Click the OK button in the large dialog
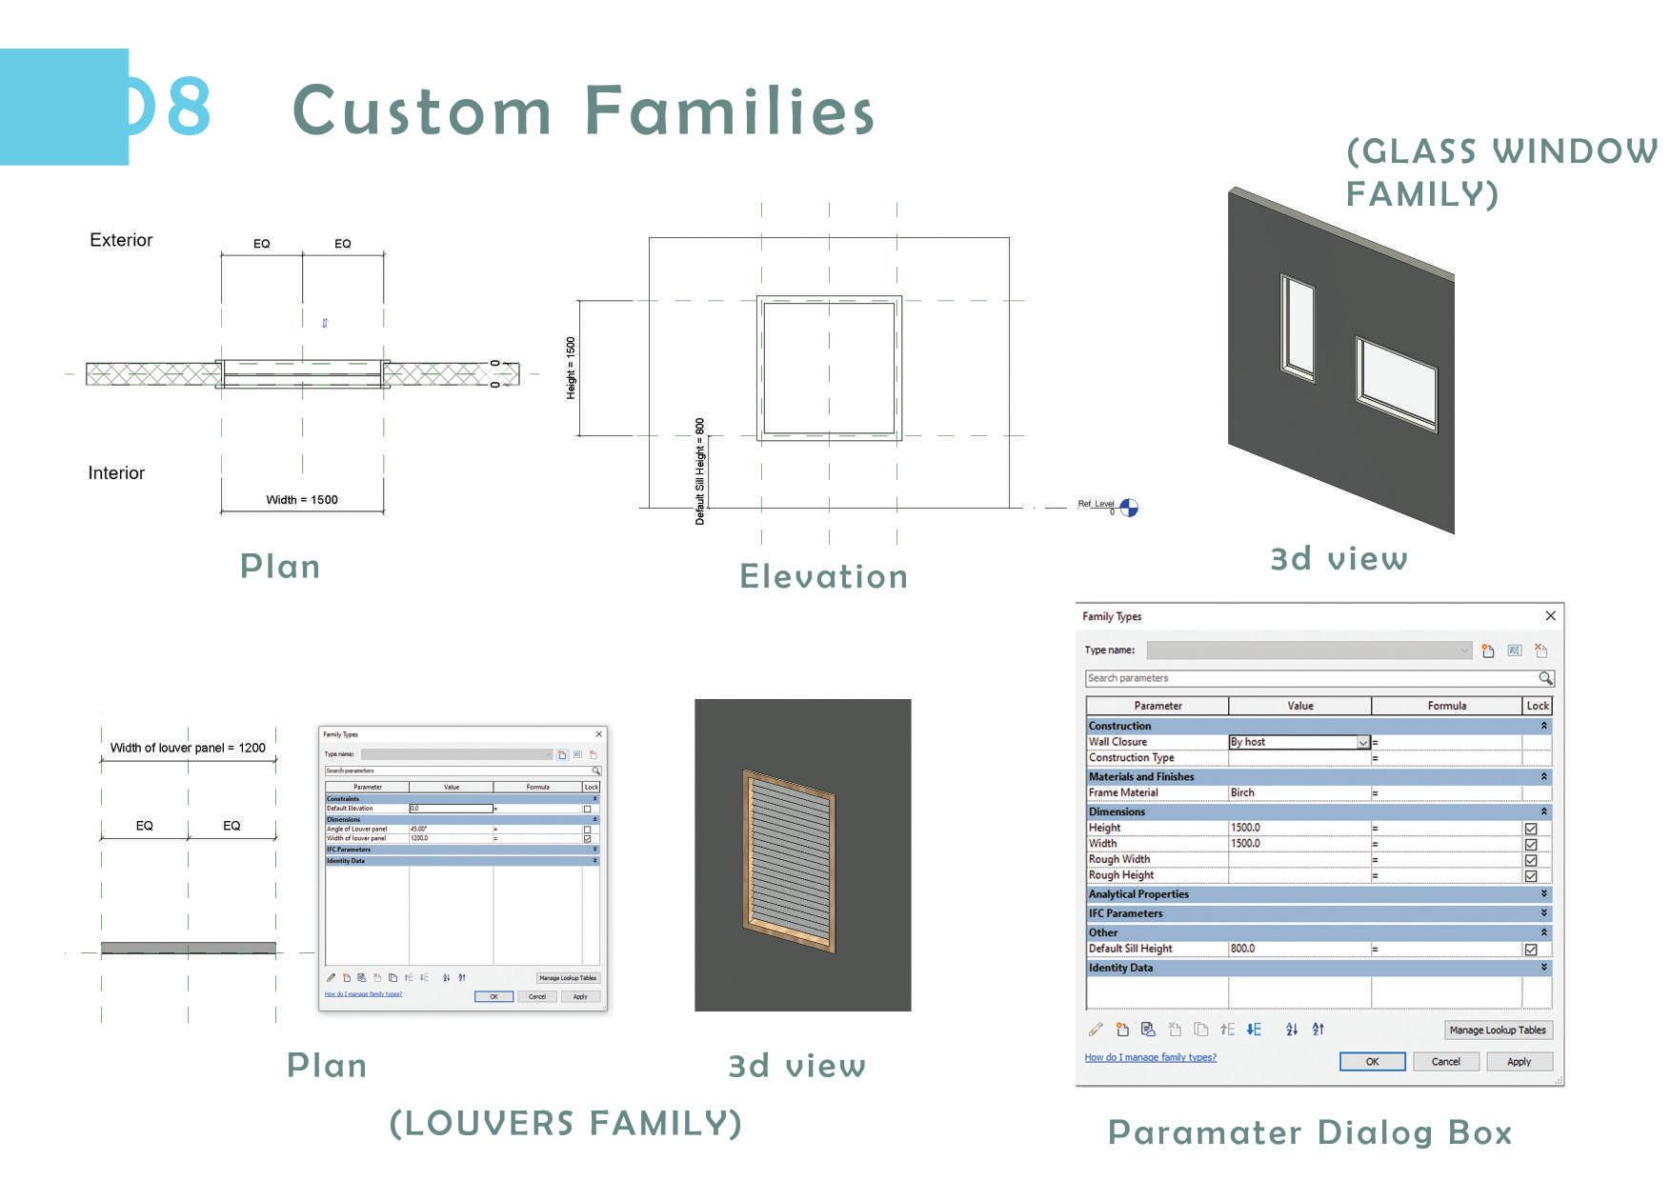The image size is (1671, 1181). point(1372,1061)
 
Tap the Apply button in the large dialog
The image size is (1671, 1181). point(1519,1061)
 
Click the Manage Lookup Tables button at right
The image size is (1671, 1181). point(1497,1030)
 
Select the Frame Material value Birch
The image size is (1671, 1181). point(1242,792)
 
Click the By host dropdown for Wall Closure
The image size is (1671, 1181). point(1362,742)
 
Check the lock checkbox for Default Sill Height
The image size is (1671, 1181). point(1531,950)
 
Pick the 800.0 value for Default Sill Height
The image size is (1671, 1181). point(1242,949)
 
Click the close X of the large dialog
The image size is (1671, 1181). point(1550,616)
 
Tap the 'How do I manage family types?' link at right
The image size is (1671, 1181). point(1150,1057)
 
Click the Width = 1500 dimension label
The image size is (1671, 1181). point(301,499)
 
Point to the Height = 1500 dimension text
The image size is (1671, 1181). point(571,368)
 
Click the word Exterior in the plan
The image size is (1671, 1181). point(121,240)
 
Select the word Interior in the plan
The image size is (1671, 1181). point(116,473)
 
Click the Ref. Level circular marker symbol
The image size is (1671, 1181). point(1128,508)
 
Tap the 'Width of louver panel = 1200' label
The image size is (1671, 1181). point(188,748)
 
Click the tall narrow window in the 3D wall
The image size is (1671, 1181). point(1297,328)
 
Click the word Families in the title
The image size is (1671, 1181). point(729,110)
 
